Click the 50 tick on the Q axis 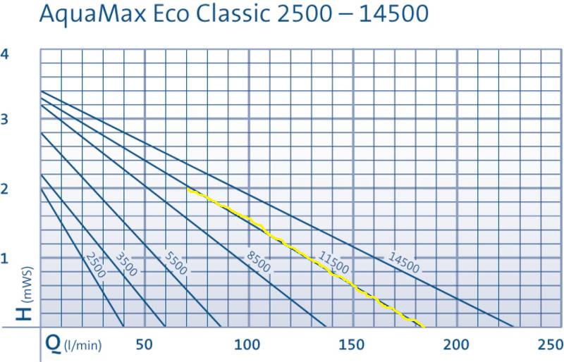pyautogui.click(x=144, y=345)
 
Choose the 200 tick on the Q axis pyautogui.click(x=456, y=345)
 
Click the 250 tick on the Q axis pyautogui.click(x=550, y=345)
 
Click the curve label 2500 pyautogui.click(x=97, y=264)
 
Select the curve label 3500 pyautogui.click(x=126, y=263)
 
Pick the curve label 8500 pyautogui.click(x=258, y=262)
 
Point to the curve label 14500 pyautogui.click(x=403, y=262)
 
